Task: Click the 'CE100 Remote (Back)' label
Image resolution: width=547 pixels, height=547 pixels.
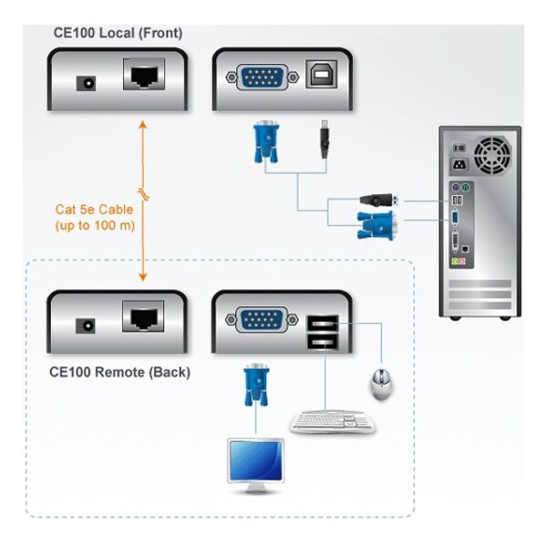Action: [x=119, y=372]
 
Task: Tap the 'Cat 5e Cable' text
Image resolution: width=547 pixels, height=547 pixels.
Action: [x=93, y=209]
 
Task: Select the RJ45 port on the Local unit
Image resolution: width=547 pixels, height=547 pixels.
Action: [x=143, y=76]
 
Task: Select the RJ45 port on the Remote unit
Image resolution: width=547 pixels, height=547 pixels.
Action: [x=143, y=319]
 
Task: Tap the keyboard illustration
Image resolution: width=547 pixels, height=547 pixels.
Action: [x=332, y=421]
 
